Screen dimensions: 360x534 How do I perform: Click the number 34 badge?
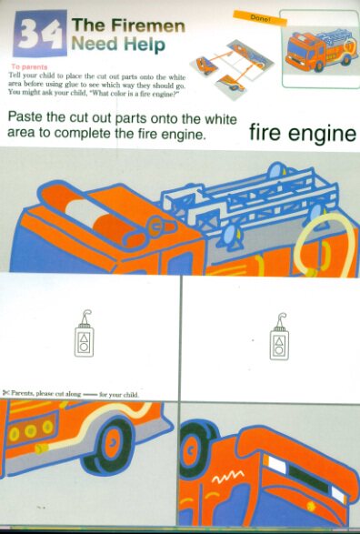coord(40,34)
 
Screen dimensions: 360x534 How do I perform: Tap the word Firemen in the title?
coord(148,26)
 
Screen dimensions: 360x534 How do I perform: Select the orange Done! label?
coord(260,18)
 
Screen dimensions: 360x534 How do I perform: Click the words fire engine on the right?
coord(303,133)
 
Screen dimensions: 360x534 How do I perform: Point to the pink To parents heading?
coord(29,66)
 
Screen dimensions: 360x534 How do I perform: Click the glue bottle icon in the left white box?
coord(84,334)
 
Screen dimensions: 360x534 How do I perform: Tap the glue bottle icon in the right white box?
coord(279,337)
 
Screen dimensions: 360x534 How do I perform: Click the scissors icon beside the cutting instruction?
coord(5,393)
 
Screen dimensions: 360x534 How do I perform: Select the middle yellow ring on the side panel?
coord(31,431)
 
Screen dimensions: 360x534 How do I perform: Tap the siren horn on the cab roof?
coord(160,226)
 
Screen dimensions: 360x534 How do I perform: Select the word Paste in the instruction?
coord(25,116)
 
